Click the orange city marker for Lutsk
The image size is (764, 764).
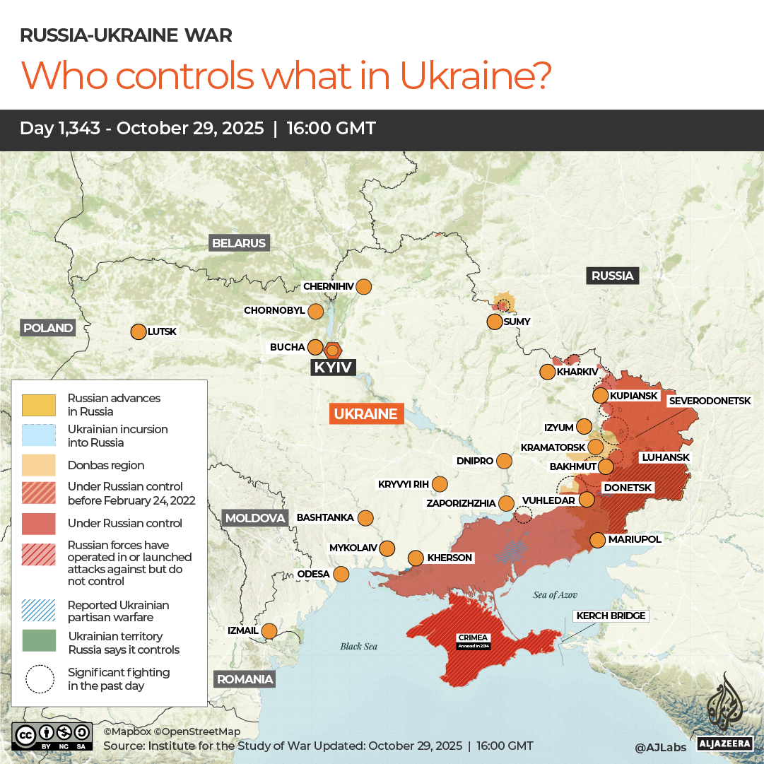coord(138,331)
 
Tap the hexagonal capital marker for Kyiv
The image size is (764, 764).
coord(333,350)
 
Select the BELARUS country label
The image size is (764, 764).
coord(240,243)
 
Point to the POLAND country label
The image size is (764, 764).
coord(48,327)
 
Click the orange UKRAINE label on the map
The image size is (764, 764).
coord(366,414)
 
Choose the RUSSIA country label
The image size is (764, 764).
coord(612,276)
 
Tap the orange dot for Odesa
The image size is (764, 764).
coord(341,574)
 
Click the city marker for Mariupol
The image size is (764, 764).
coord(597,540)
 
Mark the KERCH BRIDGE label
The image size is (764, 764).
coord(611,616)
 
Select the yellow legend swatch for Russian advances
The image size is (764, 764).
coord(40,405)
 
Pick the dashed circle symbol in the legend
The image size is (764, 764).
coord(40,678)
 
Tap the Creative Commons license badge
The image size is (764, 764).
coord(52,735)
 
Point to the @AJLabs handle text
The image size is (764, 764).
coord(661,746)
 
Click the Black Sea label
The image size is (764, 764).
coord(359,646)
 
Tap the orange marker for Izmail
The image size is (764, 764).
coord(269,631)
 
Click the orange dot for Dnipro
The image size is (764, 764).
coord(504,462)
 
